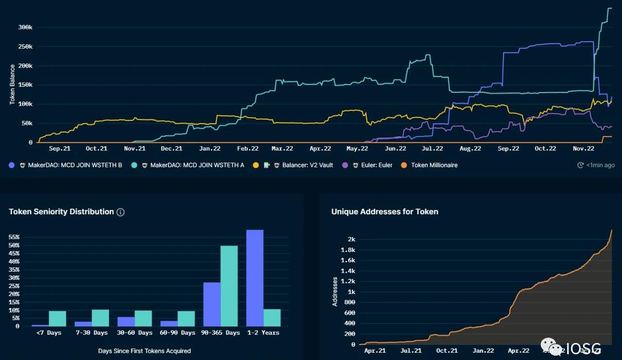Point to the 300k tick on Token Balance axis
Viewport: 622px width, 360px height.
tap(25, 28)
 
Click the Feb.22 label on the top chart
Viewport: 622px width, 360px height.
tap(247, 149)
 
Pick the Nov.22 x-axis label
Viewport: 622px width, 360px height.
tap(583, 149)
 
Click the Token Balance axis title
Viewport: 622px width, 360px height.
tap(12, 85)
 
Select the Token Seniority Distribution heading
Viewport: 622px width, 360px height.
tap(61, 212)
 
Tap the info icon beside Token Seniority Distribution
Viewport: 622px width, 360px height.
tap(121, 212)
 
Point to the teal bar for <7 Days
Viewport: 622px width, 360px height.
tap(57, 318)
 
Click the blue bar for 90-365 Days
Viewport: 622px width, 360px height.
tap(212, 304)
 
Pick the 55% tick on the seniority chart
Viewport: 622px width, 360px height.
tap(14, 237)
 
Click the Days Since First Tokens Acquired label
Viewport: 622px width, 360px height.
tap(144, 351)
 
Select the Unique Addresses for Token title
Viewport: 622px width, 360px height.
tap(384, 212)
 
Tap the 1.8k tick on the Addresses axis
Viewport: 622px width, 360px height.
tap(348, 250)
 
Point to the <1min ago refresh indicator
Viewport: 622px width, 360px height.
tap(596, 165)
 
